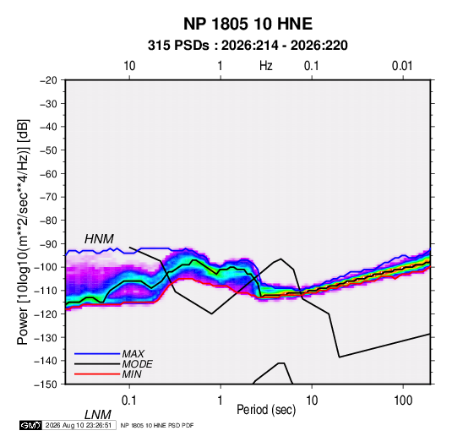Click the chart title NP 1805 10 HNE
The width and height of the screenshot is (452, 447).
click(x=248, y=24)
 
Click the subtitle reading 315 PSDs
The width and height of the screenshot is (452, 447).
click(x=178, y=46)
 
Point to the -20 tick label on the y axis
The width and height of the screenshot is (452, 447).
click(x=48, y=80)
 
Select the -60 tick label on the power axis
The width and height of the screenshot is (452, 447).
click(x=48, y=173)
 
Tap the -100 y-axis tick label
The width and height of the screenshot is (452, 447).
click(x=46, y=267)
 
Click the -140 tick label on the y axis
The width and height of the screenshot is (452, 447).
click(x=46, y=361)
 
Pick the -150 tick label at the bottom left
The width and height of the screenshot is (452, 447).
click(x=46, y=384)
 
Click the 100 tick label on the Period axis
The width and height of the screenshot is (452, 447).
click(x=403, y=401)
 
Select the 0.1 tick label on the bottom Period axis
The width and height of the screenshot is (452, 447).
click(x=129, y=401)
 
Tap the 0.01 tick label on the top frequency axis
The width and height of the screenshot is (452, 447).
click(x=402, y=66)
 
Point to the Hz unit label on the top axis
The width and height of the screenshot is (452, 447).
click(x=266, y=66)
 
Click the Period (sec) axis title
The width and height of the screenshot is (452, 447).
click(x=266, y=410)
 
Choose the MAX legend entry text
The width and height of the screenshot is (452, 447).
click(x=133, y=353)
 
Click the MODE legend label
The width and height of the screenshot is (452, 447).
click(x=137, y=364)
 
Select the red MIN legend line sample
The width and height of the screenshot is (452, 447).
click(x=97, y=374)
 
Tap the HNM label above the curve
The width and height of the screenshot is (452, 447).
click(x=99, y=239)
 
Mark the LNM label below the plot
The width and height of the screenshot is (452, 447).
click(x=98, y=415)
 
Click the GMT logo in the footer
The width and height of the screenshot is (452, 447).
click(x=30, y=425)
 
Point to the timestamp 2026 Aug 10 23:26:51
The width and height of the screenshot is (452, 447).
click(x=79, y=425)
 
